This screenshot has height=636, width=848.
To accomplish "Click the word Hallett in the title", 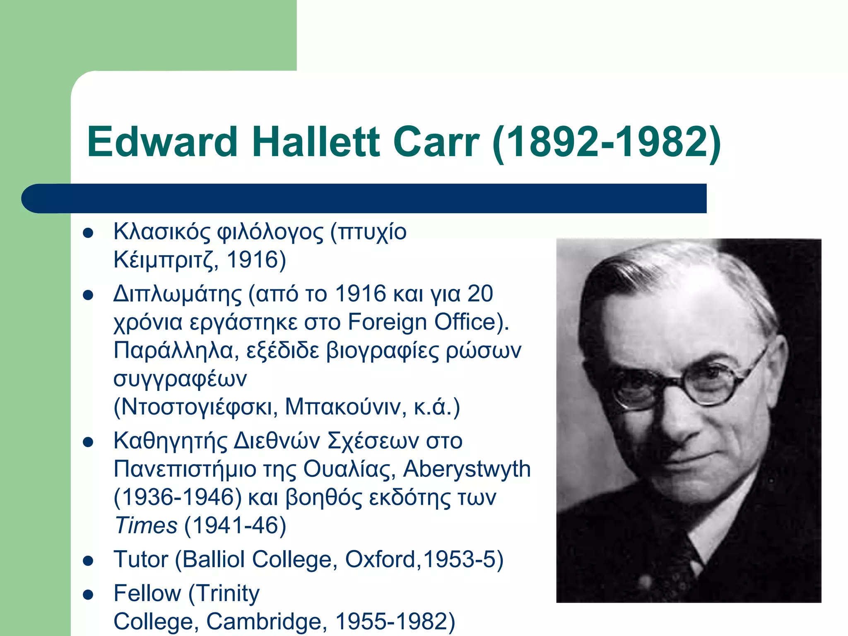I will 316,142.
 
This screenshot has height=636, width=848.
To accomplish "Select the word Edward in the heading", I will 162,142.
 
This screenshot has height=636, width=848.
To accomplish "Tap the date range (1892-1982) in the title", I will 607,143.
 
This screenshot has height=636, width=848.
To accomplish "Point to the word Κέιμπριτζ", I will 166,260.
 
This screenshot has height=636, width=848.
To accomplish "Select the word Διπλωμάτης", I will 178,294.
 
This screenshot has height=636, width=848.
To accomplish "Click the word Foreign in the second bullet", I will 387,322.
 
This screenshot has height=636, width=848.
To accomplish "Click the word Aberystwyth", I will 467,469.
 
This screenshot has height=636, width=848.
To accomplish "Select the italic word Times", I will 146,526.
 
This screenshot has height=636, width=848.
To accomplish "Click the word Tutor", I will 141,559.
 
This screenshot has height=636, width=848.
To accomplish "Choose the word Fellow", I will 147,593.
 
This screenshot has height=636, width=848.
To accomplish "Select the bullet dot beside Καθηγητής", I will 88,442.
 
